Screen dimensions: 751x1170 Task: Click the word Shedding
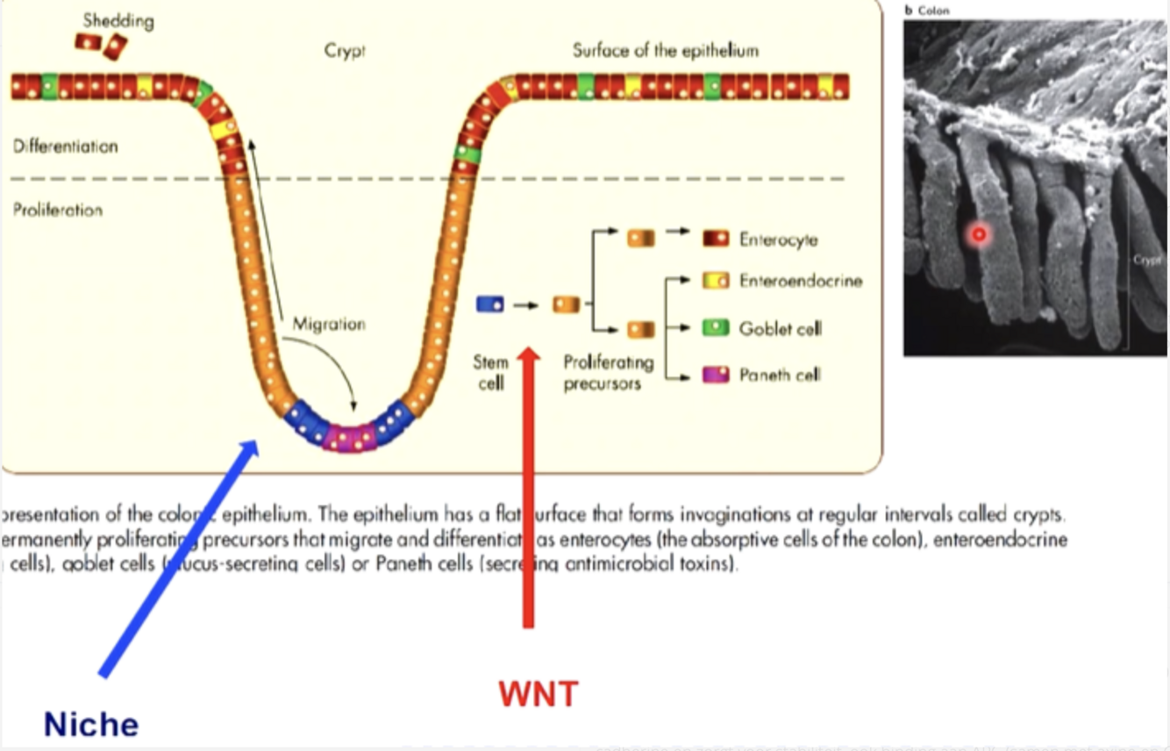point(118,20)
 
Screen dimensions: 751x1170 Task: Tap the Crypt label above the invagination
point(345,50)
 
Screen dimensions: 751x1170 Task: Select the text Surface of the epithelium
point(665,50)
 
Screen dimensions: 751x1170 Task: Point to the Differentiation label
point(65,147)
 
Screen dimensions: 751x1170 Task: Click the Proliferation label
point(58,211)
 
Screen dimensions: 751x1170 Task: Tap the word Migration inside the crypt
point(329,324)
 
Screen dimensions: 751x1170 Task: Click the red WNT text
point(538,694)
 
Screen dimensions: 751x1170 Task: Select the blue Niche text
point(91,725)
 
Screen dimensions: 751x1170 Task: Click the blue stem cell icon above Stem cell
point(489,304)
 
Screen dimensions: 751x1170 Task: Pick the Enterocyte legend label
point(779,240)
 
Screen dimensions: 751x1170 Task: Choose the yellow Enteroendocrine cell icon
point(717,281)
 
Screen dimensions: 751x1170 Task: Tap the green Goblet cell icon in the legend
point(717,328)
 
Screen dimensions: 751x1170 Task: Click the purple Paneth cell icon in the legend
point(717,375)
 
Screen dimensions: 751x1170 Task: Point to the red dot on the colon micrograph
point(979,234)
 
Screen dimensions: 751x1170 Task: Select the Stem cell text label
point(490,372)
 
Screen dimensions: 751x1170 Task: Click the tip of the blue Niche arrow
point(258,440)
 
